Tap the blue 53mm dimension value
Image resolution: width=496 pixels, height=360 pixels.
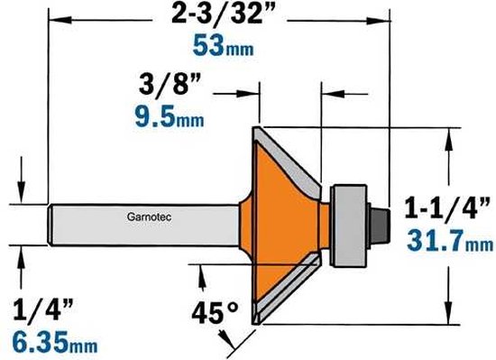pos(223,46)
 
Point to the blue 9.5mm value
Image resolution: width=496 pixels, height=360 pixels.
pos(170,117)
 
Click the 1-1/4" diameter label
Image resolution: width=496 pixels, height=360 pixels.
pos(448,208)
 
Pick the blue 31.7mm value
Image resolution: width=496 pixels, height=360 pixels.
pos(449,241)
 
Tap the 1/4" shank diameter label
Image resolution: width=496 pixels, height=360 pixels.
pos(43,309)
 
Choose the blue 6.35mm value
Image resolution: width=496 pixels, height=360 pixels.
pos(55,342)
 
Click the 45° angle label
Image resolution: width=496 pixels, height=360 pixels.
pos(215,312)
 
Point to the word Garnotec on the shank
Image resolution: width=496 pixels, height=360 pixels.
pos(150,217)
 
